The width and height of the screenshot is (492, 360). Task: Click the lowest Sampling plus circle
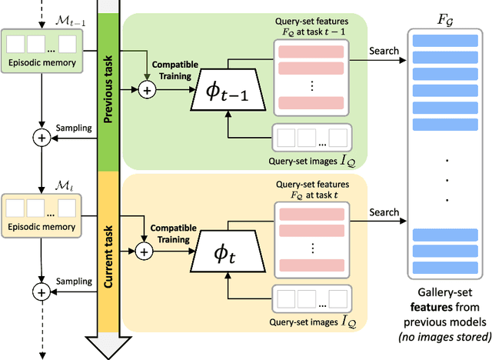(41, 292)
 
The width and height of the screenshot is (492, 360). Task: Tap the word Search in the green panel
(384, 52)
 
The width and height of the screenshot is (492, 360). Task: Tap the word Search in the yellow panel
(384, 212)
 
